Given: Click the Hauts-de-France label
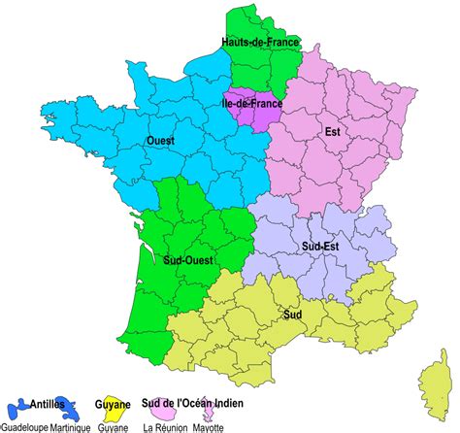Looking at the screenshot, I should tap(260, 44).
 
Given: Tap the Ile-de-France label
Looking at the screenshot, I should tap(250, 100).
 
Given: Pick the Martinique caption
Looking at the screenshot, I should tap(71, 426).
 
